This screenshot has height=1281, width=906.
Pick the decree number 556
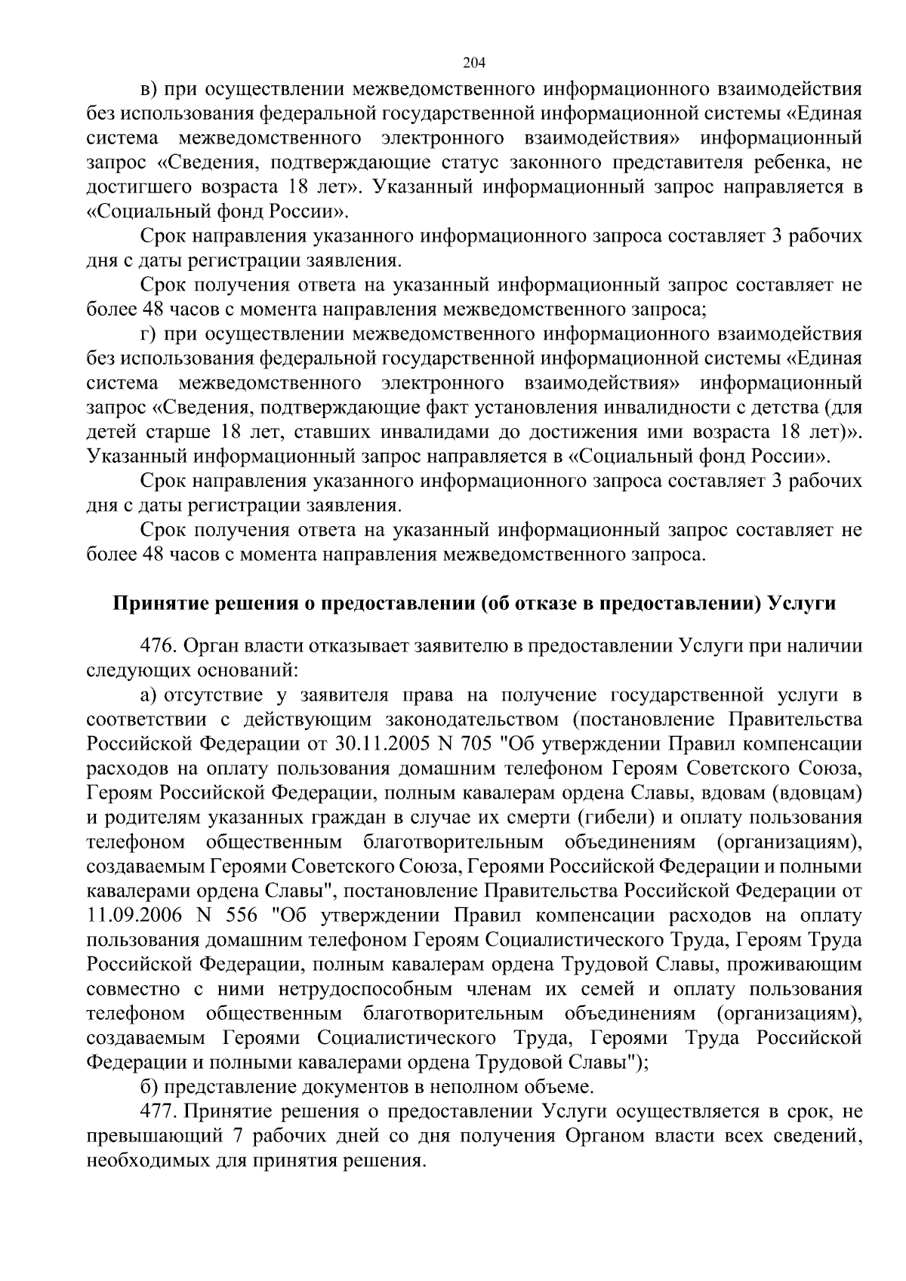click(242, 916)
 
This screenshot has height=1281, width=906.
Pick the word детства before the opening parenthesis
click(779, 408)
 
